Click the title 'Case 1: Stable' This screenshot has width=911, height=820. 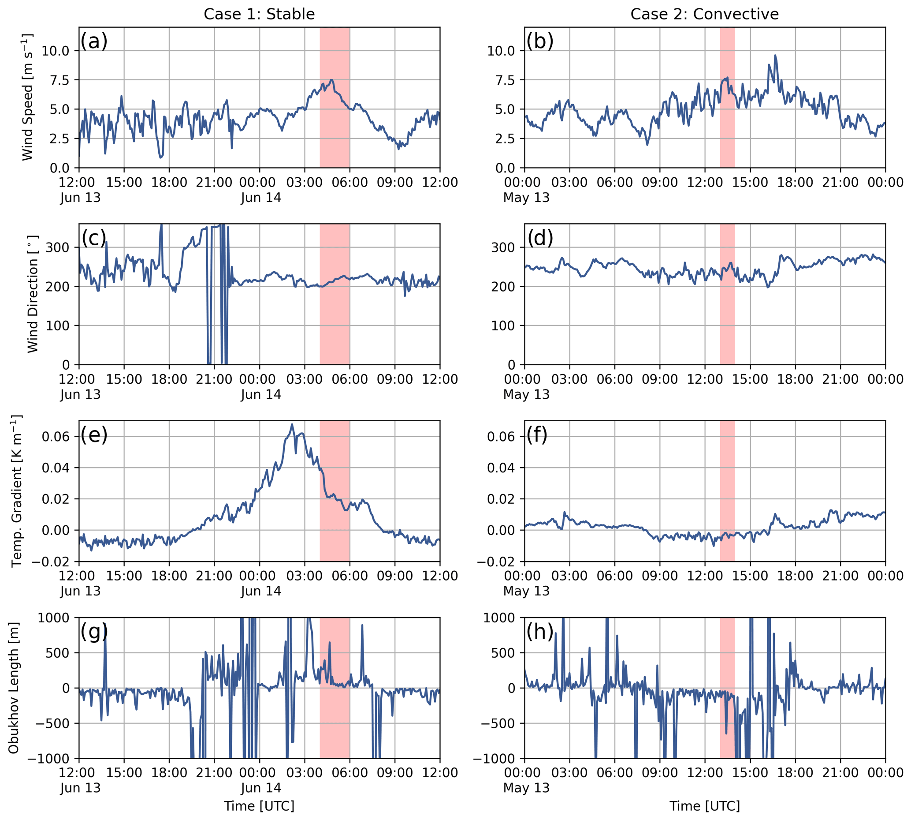click(x=259, y=14)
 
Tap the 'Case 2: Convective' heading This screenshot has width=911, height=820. click(x=704, y=14)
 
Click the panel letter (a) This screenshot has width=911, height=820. click(x=94, y=41)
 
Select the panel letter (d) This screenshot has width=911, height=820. click(x=539, y=238)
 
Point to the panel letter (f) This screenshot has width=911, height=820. click(x=536, y=435)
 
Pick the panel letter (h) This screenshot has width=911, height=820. click(x=539, y=632)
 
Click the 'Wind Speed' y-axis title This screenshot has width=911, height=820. click(x=28, y=97)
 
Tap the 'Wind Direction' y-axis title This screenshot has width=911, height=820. click(x=33, y=294)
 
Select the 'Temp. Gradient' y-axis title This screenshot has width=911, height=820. click(x=17, y=491)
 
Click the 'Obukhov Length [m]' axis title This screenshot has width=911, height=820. click(x=14, y=688)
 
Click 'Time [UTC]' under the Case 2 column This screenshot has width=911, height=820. click(x=704, y=805)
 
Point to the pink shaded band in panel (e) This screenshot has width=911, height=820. click(x=335, y=491)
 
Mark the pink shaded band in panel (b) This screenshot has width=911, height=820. click(x=727, y=97)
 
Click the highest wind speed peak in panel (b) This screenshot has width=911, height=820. click(x=776, y=56)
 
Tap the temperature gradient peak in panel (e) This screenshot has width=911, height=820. click(x=292, y=424)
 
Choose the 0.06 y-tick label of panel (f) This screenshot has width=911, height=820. click(x=502, y=436)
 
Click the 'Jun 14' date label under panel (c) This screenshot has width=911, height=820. click(x=261, y=394)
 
